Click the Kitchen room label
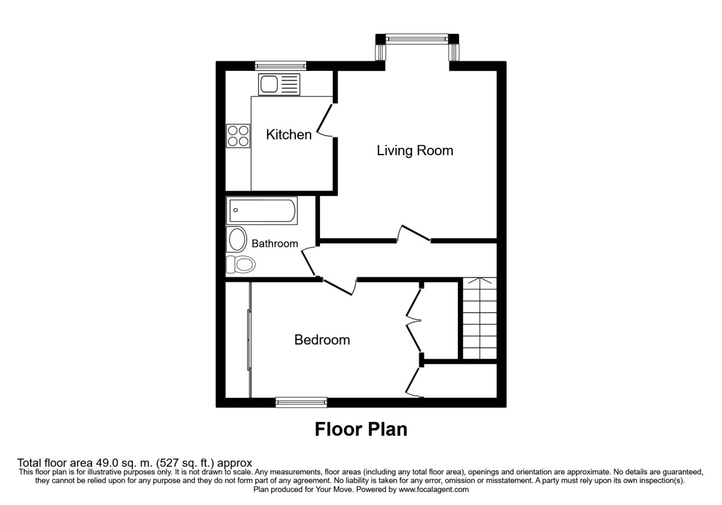(x=289, y=135)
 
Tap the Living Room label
(x=415, y=151)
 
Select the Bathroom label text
(x=274, y=243)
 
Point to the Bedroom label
(x=322, y=340)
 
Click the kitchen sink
(x=279, y=84)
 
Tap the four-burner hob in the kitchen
(x=238, y=136)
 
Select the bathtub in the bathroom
(x=262, y=210)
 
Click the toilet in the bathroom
(x=241, y=265)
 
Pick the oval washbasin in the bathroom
(x=237, y=239)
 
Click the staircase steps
(x=480, y=318)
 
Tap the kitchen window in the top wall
(x=280, y=66)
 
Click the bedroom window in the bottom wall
(x=301, y=402)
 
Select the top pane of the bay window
(x=417, y=38)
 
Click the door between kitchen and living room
(x=325, y=121)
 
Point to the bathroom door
(x=309, y=262)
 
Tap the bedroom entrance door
(x=338, y=287)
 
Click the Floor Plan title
(x=361, y=429)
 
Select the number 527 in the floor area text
(x=170, y=463)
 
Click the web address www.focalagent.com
(x=434, y=489)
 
